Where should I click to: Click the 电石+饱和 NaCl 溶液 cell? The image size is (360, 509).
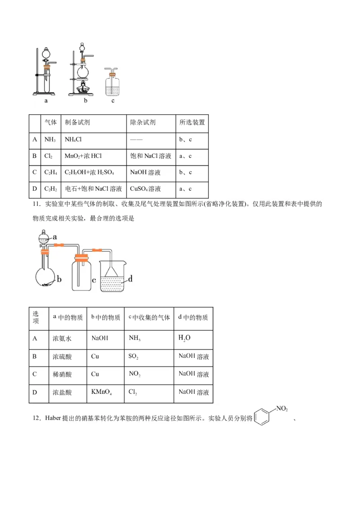[x=93, y=188]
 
